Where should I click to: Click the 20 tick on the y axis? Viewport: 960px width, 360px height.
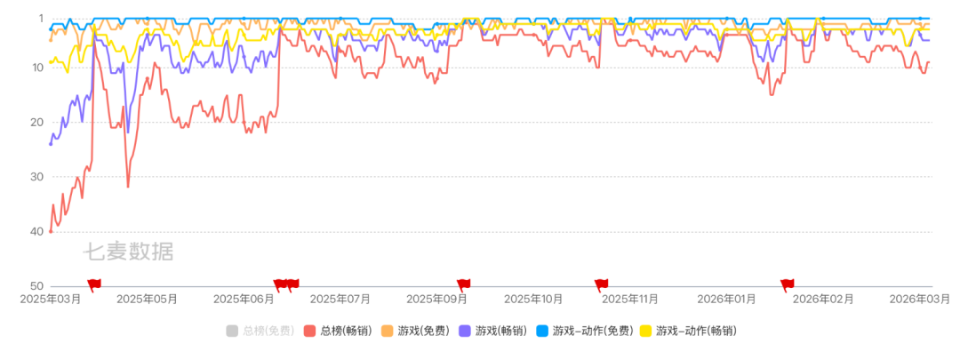(38, 122)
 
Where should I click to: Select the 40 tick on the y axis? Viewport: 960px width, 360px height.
(38, 231)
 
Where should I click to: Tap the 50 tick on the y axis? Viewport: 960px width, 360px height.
(38, 286)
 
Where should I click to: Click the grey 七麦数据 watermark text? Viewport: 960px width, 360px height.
(129, 252)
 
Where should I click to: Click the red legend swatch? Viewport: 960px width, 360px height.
(309, 331)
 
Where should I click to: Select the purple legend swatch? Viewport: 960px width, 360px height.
(465, 331)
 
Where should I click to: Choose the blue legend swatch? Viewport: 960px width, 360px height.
(542, 331)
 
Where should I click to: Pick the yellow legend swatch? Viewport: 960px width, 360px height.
(646, 331)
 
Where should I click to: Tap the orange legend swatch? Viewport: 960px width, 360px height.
(388, 331)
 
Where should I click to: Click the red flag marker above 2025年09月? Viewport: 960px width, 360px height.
(463, 284)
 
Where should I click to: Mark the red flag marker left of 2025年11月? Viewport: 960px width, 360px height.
(601, 284)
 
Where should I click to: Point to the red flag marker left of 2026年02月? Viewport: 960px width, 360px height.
(787, 284)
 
